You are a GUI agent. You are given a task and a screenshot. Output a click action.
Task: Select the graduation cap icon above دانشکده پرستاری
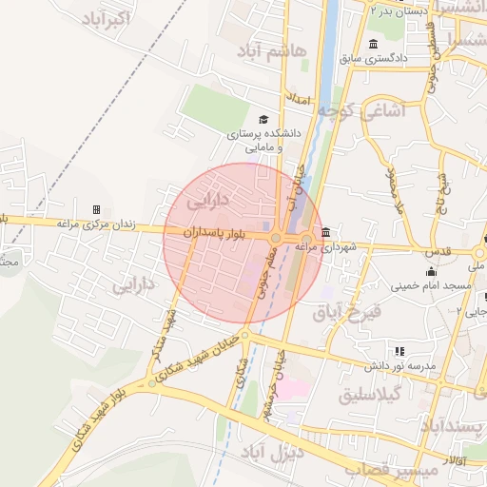pyautogui.click(x=263, y=120)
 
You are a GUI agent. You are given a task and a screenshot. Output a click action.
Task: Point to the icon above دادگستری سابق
pyautogui.click(x=372, y=44)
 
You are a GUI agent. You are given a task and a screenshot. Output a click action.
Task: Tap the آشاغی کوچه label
pyautogui.click(x=362, y=111)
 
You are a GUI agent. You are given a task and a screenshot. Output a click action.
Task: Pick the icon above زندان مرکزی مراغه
pyautogui.click(x=96, y=209)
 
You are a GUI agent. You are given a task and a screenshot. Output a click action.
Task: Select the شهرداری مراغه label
pyautogui.click(x=325, y=247)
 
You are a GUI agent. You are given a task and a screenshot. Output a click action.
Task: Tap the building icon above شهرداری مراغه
pyautogui.click(x=326, y=232)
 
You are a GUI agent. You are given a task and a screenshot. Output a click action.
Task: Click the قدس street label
pyautogui.click(x=438, y=252)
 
